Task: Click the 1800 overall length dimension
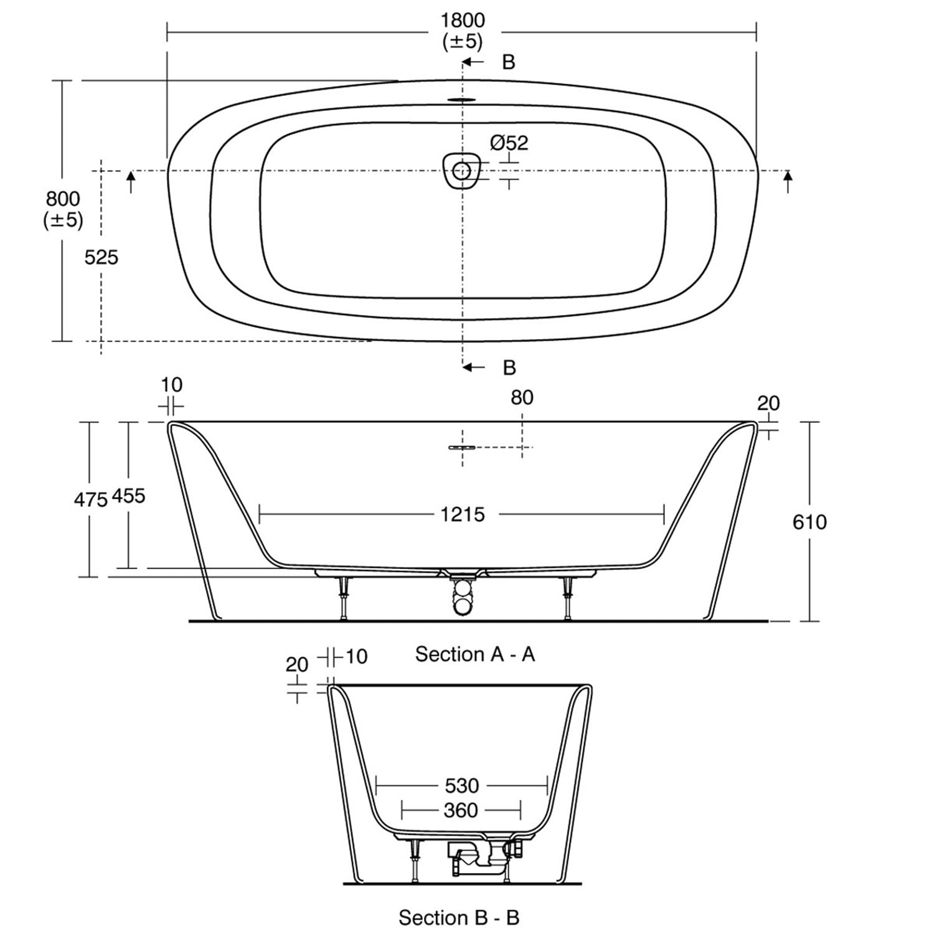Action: [462, 20]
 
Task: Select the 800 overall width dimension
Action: [63, 199]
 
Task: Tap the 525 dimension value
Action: [101, 257]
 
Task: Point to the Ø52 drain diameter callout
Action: [509, 143]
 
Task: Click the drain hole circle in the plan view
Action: [462, 170]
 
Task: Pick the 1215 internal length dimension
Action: [462, 514]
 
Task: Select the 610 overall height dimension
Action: [809, 521]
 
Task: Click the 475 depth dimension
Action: [91, 499]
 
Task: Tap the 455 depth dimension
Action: [128, 496]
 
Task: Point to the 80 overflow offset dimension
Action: [522, 397]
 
